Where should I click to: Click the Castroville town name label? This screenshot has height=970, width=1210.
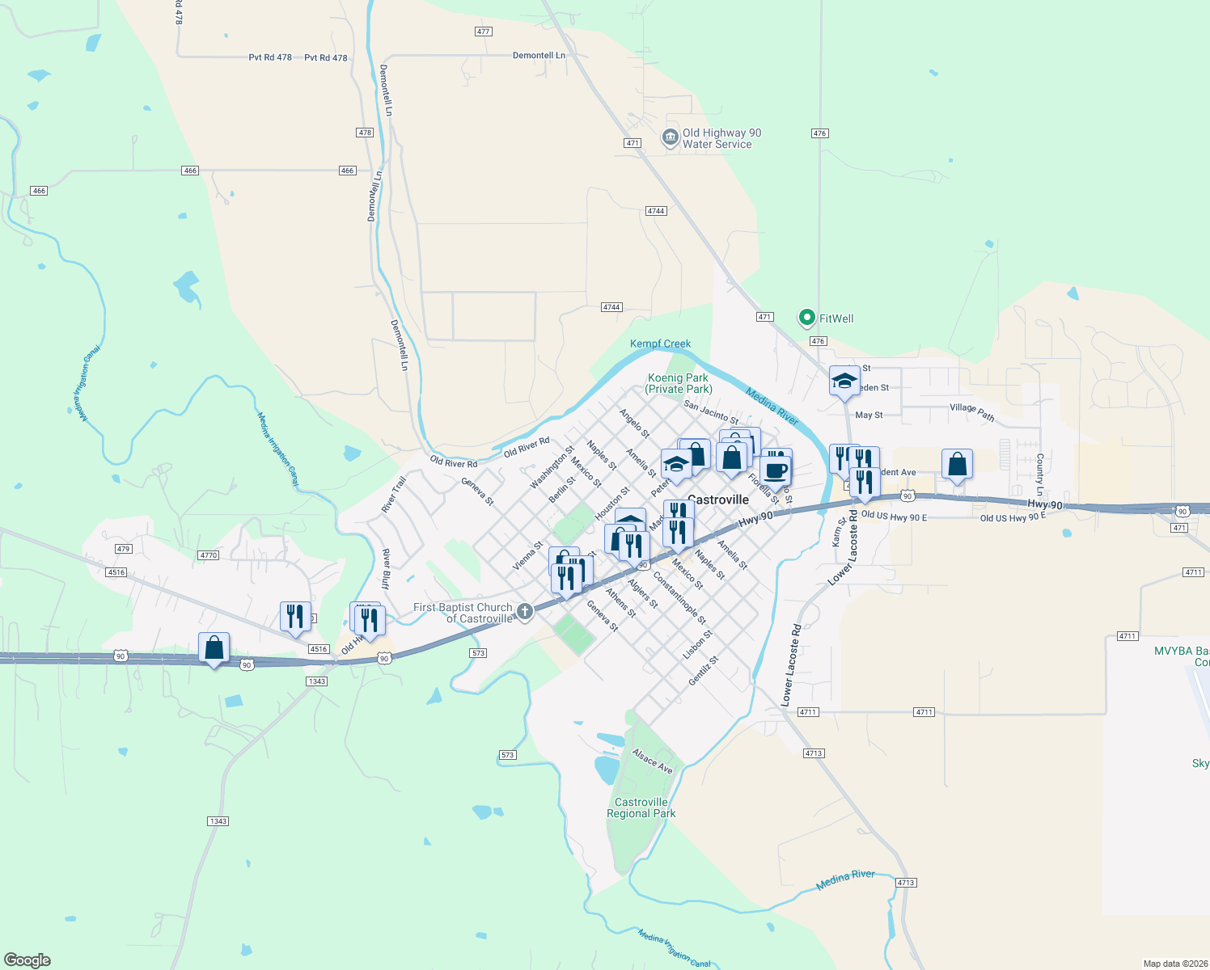pyautogui.click(x=718, y=500)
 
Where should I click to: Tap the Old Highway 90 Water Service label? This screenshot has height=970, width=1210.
pyautogui.click(x=721, y=138)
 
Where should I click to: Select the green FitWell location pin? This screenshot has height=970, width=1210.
pyautogui.click(x=806, y=318)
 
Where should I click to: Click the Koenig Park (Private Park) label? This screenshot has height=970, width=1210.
pyautogui.click(x=678, y=383)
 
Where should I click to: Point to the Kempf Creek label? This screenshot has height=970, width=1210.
pyautogui.click(x=660, y=344)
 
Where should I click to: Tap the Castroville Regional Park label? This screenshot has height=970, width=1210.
pyautogui.click(x=641, y=808)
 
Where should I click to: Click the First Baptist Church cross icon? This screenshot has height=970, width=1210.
pyautogui.click(x=525, y=611)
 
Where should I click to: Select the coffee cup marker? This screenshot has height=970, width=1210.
pyautogui.click(x=775, y=470)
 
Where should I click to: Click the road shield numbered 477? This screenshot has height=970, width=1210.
pyautogui.click(x=483, y=32)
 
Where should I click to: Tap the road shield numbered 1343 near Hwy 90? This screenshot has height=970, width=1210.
pyautogui.click(x=316, y=681)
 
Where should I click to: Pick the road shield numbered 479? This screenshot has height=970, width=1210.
pyautogui.click(x=123, y=549)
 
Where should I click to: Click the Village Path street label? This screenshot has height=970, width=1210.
pyautogui.click(x=972, y=412)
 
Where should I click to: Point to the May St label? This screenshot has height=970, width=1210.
pyautogui.click(x=869, y=415)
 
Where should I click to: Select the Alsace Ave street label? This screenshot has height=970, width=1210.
pyautogui.click(x=653, y=761)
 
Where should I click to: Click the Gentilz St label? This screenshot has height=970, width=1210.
pyautogui.click(x=703, y=671)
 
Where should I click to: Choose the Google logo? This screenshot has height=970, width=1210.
pyautogui.click(x=27, y=959)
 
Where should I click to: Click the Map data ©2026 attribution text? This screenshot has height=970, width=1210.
pyautogui.click(x=1174, y=964)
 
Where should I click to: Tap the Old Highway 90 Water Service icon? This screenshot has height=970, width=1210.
pyautogui.click(x=670, y=137)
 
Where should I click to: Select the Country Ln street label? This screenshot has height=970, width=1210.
pyautogui.click(x=1040, y=474)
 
